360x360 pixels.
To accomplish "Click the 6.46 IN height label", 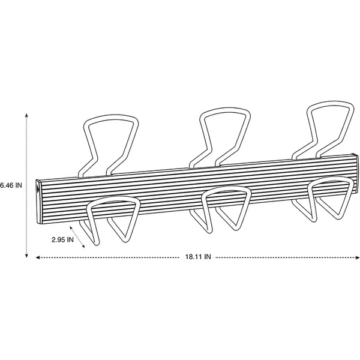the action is coord(11,185).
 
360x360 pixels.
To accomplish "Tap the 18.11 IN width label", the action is coord(198,257).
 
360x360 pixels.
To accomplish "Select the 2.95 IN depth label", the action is coord(62,239).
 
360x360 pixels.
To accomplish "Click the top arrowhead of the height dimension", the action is coord(26,115).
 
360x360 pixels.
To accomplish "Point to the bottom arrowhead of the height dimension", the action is coord(26,256).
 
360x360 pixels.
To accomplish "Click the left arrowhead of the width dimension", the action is coord(38,257).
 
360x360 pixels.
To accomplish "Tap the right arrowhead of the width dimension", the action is coord(358,257).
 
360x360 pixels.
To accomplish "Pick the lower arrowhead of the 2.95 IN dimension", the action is coord(83,247).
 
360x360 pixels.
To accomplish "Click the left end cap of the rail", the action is coord(39,202).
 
